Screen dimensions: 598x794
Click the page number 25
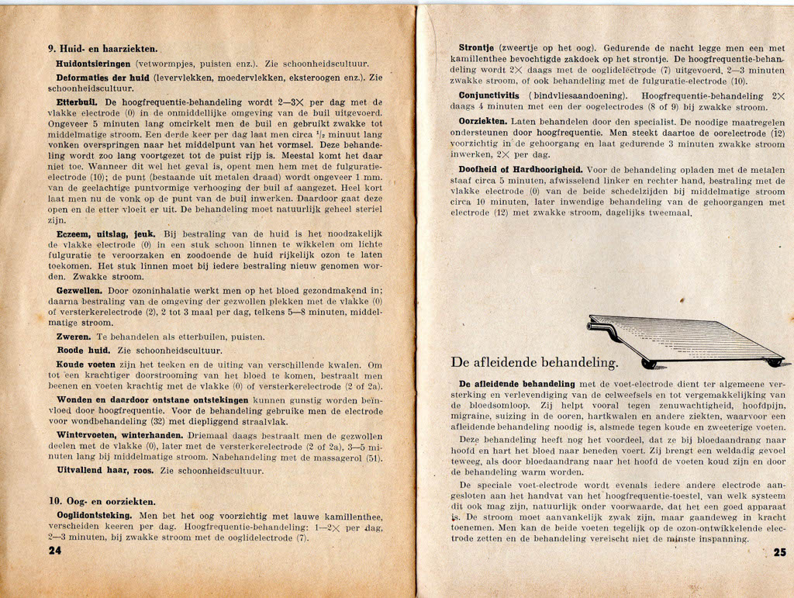point(780,552)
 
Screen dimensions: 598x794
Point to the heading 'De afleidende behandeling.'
point(534,362)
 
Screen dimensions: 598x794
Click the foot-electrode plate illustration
point(683,340)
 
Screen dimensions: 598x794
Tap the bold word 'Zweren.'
point(74,337)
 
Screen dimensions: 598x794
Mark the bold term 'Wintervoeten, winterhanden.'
point(118,434)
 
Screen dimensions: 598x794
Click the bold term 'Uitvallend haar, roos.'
point(105,470)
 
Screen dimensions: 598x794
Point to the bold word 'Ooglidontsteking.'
point(94,514)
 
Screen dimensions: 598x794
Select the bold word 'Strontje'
point(476,47)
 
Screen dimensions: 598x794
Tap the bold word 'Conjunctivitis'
point(489,95)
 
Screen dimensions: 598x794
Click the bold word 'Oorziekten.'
point(483,121)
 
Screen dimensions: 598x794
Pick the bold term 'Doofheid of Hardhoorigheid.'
point(520,169)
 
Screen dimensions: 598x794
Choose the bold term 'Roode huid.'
point(82,350)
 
